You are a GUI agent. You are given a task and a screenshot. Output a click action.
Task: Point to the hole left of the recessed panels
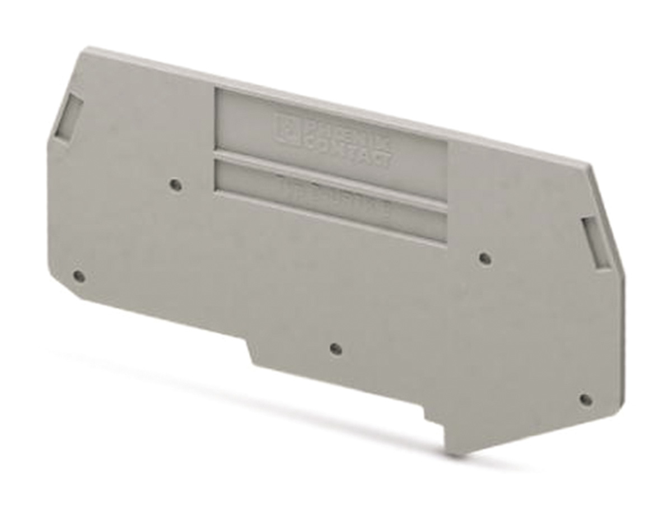[x=175, y=184]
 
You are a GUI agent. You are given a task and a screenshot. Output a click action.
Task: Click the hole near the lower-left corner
[x=79, y=276]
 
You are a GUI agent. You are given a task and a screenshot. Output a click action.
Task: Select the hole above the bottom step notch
[x=335, y=348]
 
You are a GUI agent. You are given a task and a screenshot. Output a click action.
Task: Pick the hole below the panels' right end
[x=486, y=258]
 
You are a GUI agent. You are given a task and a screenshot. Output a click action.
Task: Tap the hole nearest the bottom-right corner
[x=585, y=399]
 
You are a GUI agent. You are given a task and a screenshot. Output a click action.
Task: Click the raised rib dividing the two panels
[x=330, y=181]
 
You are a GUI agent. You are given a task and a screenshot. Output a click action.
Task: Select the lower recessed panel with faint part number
[x=330, y=202]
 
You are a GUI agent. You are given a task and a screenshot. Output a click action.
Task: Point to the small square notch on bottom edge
[x=434, y=419]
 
